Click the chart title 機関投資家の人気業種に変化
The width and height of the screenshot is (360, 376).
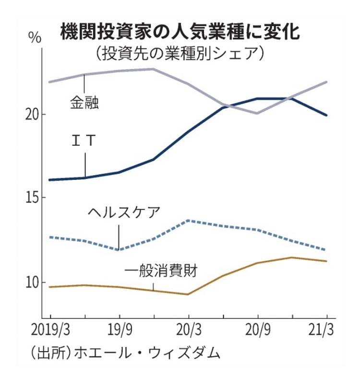(180, 32)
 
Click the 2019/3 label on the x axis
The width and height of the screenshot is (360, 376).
(50, 330)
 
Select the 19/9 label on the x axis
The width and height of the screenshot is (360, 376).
(119, 330)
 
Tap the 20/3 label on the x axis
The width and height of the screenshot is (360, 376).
(188, 330)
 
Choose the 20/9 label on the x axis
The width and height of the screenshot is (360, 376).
(257, 330)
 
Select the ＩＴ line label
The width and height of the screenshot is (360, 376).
(84, 141)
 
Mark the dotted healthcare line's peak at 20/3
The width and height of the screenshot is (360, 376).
(188, 220)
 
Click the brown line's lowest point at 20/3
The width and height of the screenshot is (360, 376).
(188, 294)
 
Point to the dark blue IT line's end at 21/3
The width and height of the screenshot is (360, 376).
(326, 115)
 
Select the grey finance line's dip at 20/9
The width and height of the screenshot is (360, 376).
(257, 113)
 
